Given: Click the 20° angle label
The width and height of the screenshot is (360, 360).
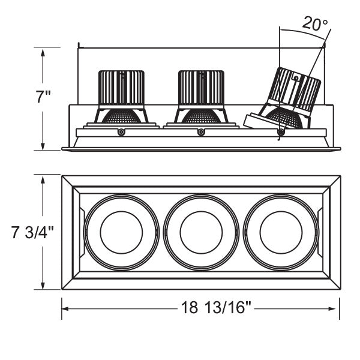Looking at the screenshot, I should [315, 25].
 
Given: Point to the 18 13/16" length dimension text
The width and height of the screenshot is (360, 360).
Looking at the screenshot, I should [216, 308].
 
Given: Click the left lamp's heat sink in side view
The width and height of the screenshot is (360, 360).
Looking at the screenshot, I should [121, 88].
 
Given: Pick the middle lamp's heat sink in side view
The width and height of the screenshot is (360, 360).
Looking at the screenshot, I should [202, 88].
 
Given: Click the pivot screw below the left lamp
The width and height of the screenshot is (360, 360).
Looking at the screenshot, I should [122, 132].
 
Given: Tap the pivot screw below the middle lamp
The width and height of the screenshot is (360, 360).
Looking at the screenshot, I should [202, 132].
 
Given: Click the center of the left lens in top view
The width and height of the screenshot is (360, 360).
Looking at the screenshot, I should [121, 232].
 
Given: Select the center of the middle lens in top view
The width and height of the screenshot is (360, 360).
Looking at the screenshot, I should [202, 232].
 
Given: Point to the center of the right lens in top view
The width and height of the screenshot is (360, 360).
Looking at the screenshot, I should [281, 232].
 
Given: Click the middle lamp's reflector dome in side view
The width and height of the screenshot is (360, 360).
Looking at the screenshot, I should [202, 116].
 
